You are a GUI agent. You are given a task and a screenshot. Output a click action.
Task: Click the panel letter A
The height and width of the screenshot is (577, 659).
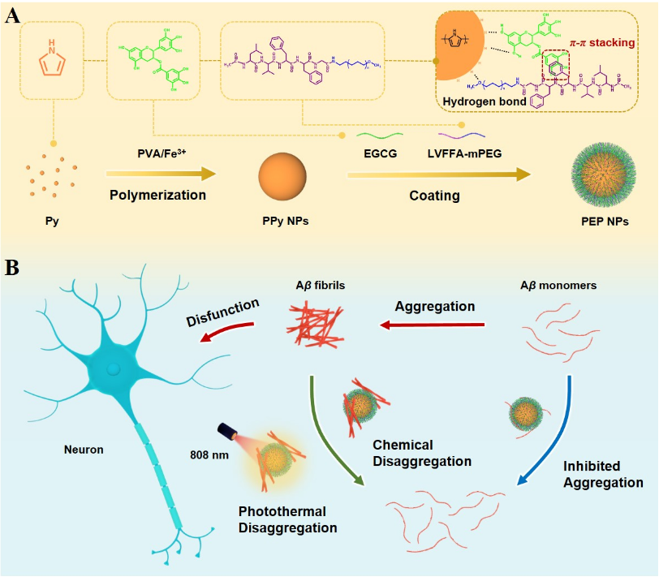pyautogui.click(x=13, y=16)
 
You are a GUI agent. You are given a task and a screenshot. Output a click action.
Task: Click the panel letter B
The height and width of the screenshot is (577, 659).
pyautogui.click(x=13, y=267)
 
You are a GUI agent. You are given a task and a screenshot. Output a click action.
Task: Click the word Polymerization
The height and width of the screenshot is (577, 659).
pyautogui.click(x=157, y=195)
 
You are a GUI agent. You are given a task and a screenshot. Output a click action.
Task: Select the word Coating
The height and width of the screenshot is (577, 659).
pyautogui.click(x=434, y=195)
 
